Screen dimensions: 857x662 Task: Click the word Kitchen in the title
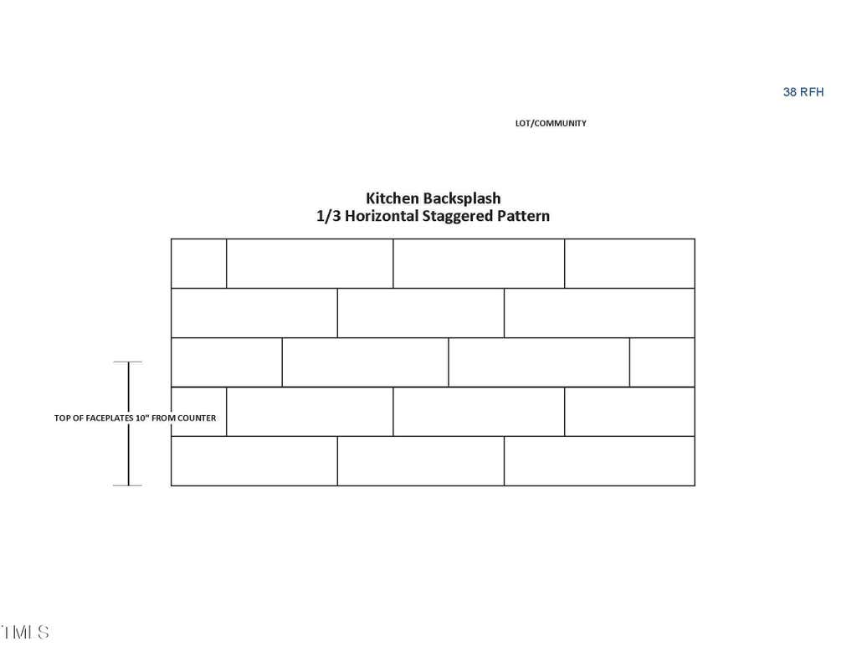[392, 198]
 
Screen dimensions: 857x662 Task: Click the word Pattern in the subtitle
[523, 216]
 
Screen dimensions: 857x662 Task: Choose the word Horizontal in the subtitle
[382, 216]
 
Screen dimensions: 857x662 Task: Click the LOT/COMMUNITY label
[551, 123]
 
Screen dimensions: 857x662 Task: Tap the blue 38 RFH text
[803, 92]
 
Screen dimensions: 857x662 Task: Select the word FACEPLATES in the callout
[110, 418]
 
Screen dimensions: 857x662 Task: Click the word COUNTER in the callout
[197, 418]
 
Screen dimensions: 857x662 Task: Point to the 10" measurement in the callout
[142, 418]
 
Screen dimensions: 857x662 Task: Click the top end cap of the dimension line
[128, 362]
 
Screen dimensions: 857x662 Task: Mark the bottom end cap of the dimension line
[128, 485]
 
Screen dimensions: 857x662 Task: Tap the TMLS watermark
[24, 632]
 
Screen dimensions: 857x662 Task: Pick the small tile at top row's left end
[199, 264]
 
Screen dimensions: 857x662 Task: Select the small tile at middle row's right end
[662, 362]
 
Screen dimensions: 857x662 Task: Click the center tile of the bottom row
[421, 461]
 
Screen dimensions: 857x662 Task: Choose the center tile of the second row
[421, 313]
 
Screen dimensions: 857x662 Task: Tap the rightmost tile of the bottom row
[599, 461]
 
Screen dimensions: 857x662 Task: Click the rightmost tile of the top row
[629, 264]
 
